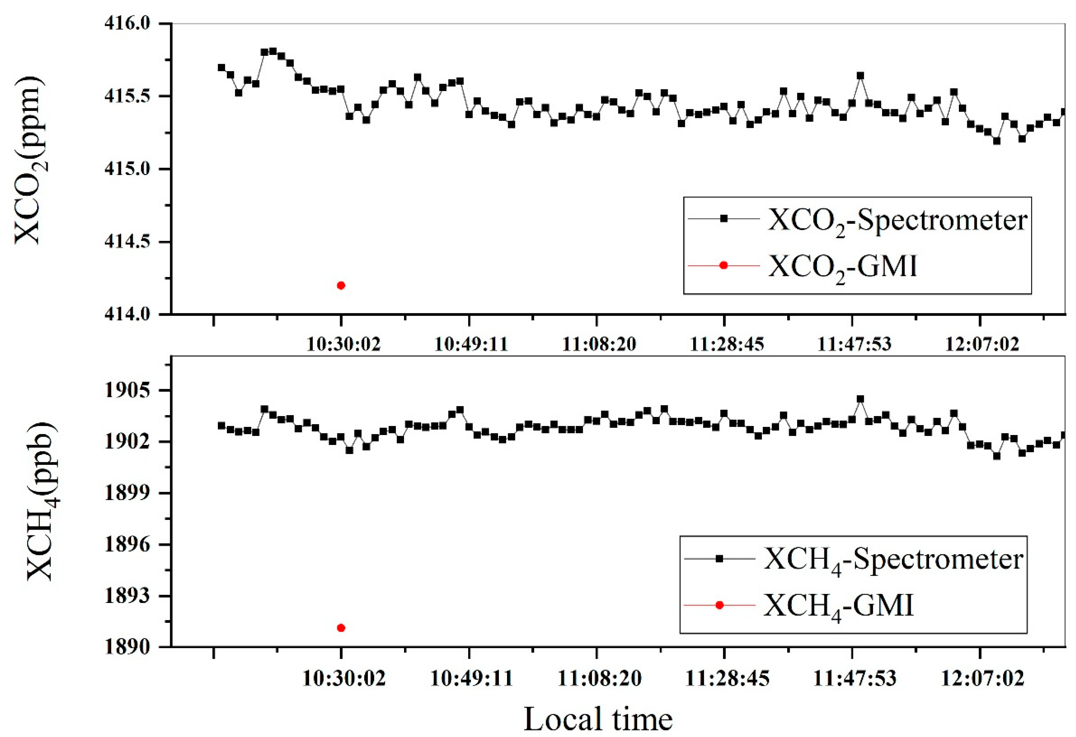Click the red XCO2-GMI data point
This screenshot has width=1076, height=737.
(x=341, y=285)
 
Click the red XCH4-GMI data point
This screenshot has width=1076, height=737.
(x=341, y=628)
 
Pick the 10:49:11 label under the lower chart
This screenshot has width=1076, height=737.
(x=471, y=679)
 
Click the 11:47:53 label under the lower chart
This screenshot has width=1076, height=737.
(x=855, y=679)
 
